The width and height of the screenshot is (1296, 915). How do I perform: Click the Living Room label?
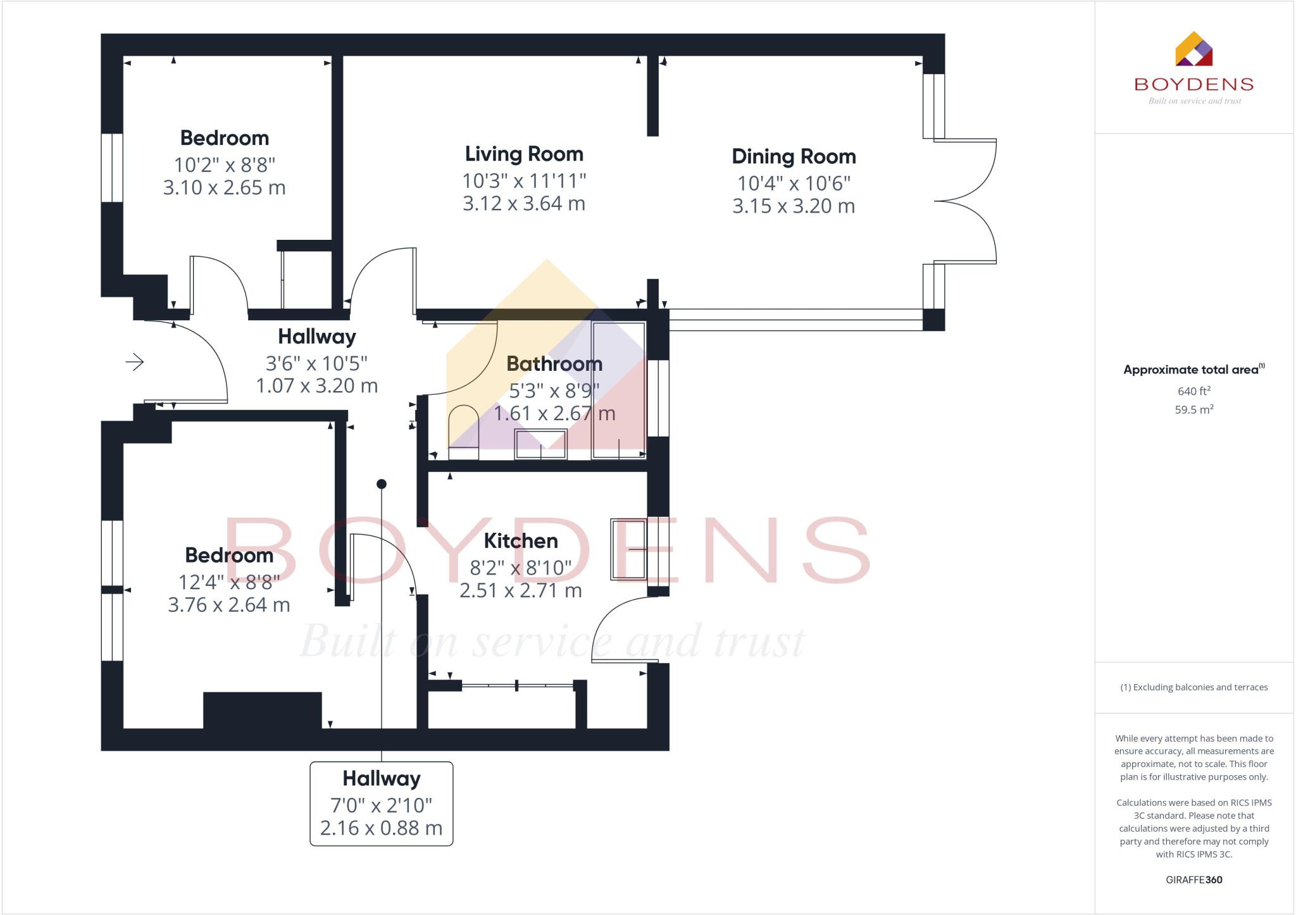(524, 154)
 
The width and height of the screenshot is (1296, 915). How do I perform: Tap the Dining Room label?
(794, 156)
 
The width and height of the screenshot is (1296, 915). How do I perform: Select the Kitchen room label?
(521, 541)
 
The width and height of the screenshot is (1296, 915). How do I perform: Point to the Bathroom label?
(554, 364)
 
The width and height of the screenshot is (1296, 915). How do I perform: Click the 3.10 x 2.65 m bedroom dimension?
(225, 188)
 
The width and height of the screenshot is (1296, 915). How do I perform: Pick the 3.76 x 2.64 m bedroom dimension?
(229, 605)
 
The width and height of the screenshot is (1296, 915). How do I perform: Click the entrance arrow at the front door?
(134, 362)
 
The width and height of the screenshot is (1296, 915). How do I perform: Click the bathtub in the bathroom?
(618, 390)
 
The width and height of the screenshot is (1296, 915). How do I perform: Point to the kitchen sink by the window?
(628, 549)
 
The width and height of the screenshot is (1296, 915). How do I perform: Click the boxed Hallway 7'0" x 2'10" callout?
(381, 804)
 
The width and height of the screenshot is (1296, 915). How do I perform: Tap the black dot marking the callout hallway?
(382, 484)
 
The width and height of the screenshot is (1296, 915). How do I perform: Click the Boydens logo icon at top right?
(1193, 49)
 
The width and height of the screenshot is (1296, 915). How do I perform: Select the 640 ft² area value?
(1193, 391)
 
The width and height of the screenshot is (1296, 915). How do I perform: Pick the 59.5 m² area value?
(1193, 409)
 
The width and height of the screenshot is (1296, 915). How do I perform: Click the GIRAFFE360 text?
(1193, 880)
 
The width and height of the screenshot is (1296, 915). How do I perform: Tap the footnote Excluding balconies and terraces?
(1193, 687)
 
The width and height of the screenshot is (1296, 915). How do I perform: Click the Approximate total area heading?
(1192, 370)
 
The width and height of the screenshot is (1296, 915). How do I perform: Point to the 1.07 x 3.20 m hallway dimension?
(316, 386)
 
